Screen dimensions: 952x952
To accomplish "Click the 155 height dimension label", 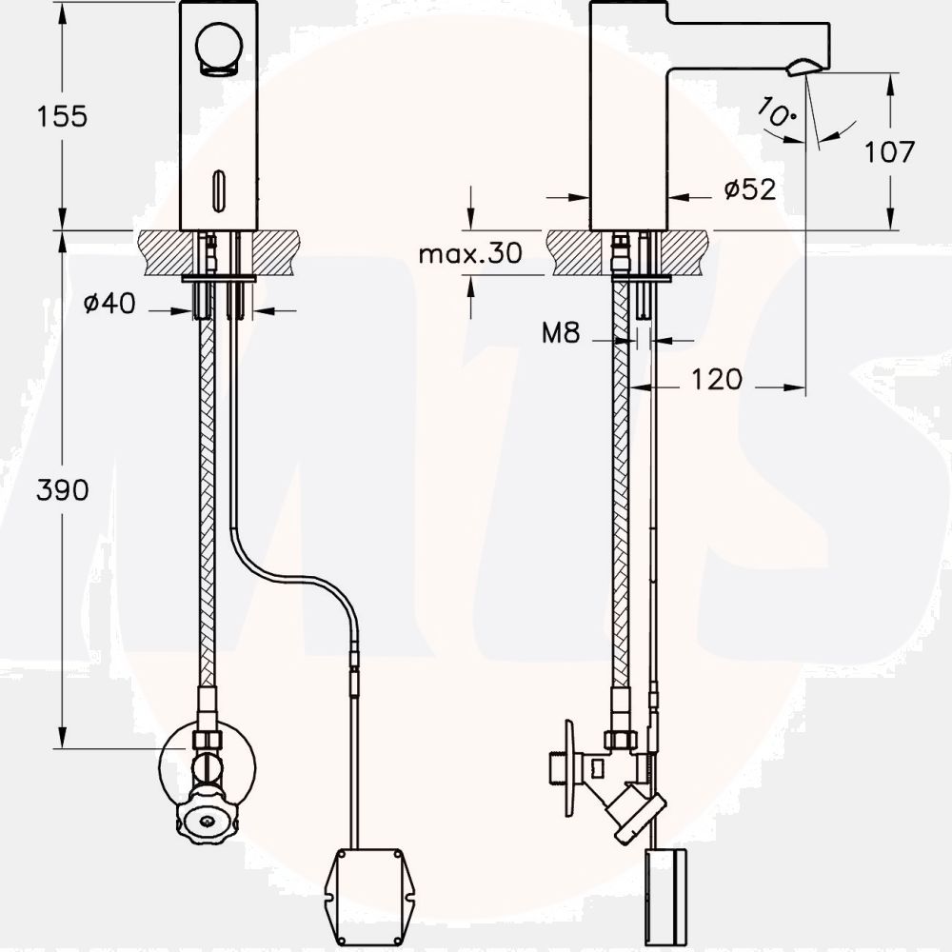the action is point(62,116).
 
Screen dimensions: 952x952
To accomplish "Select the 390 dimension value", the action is point(63,490).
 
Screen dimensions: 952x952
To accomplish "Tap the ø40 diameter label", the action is point(109,303).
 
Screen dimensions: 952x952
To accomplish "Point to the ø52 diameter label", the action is point(750,189).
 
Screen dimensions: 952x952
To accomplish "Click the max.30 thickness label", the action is point(470,253).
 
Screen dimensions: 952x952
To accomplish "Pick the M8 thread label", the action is point(561,332).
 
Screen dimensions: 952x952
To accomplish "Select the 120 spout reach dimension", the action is point(717,380).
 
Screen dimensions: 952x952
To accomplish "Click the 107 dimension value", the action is point(889,151).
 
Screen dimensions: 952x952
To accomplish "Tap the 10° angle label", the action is point(776,111).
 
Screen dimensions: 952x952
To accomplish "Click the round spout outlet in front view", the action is point(219,49).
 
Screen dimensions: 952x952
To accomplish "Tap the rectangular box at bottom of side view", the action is point(666,898).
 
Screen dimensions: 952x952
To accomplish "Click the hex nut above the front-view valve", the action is point(207,740).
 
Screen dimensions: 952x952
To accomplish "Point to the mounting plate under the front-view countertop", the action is point(219,279).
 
